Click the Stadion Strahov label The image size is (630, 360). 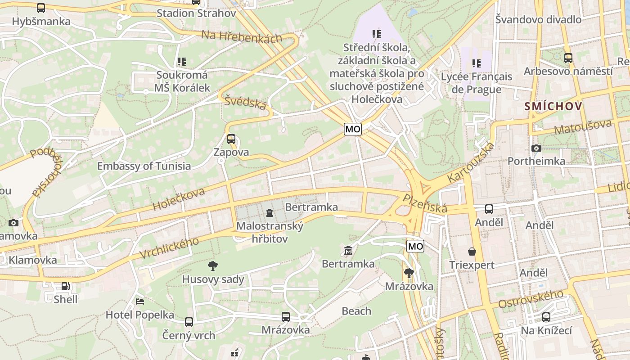[x=196, y=13]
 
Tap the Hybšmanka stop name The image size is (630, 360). [x=41, y=21]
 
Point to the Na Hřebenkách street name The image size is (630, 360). [x=242, y=36]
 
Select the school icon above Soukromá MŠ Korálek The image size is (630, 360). [x=182, y=62]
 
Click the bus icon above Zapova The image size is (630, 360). [x=231, y=139]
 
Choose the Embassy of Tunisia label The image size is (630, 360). [x=144, y=166]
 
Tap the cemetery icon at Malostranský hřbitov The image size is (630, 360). [x=270, y=212]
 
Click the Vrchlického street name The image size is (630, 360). [x=169, y=248]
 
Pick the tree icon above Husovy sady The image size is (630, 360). [x=213, y=266]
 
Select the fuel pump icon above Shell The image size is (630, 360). [x=66, y=286]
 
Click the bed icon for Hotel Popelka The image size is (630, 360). [x=140, y=301]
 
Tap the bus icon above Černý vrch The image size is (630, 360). [x=189, y=322]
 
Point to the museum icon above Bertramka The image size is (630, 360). [x=348, y=250]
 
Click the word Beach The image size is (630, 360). [x=356, y=311]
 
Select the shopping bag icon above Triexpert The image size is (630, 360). [x=472, y=252]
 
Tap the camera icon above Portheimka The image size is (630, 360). [x=536, y=148]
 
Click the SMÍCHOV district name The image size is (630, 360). [x=553, y=107]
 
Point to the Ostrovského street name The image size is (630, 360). [x=531, y=300]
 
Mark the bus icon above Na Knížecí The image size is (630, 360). [x=546, y=317]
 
